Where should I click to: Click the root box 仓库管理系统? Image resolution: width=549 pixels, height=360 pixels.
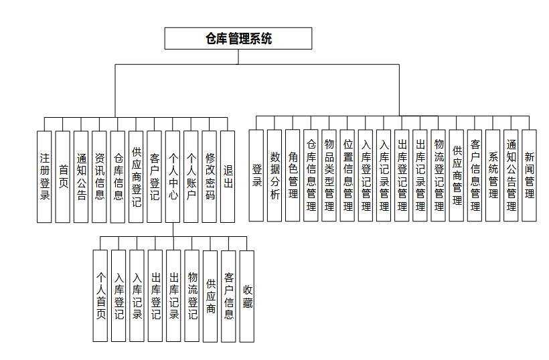238,38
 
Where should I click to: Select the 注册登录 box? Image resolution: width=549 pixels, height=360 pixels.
45,177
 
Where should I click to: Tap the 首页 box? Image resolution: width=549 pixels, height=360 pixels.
63,177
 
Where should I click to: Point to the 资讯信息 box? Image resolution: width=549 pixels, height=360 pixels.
99,177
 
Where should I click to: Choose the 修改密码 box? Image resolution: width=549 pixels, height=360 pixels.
210,177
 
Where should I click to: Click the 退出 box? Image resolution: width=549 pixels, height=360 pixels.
228,177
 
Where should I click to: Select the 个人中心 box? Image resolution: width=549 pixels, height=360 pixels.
173,177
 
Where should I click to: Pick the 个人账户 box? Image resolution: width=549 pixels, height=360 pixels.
191,177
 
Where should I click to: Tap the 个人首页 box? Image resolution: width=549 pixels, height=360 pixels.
100,296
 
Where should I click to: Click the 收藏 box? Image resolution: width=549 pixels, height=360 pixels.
247,296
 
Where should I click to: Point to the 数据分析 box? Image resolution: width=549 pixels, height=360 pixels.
274,175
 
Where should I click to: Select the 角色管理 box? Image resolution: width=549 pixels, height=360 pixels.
293,175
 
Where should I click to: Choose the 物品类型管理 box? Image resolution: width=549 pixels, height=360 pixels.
329,175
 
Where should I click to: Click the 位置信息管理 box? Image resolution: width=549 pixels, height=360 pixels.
347,175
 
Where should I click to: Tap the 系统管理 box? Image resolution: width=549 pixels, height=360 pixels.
493,175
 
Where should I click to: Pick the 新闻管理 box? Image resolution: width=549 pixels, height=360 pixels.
530,175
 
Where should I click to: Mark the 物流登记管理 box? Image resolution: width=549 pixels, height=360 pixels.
439,175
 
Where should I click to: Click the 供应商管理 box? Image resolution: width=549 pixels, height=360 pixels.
457,175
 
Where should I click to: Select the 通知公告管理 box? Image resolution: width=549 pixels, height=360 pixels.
512,175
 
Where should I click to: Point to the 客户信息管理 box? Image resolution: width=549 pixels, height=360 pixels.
475,175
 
